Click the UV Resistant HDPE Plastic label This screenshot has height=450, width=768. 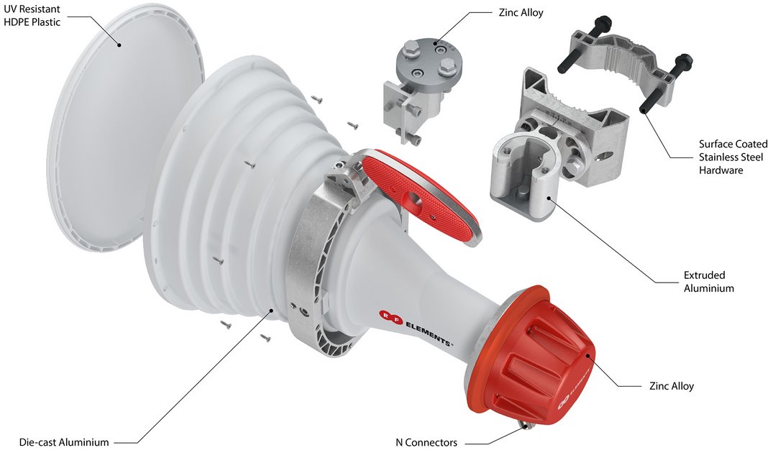pos(32,15)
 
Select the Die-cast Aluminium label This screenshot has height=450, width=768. pos(64,442)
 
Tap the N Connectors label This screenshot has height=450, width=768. pos(426,442)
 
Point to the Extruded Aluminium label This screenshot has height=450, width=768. pos(709,282)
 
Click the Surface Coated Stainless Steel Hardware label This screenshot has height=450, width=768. pos(733,157)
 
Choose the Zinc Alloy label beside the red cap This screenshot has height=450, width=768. pos(672,386)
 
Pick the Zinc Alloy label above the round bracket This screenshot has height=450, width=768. pos(521,13)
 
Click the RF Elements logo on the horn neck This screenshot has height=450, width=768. pos(416,329)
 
